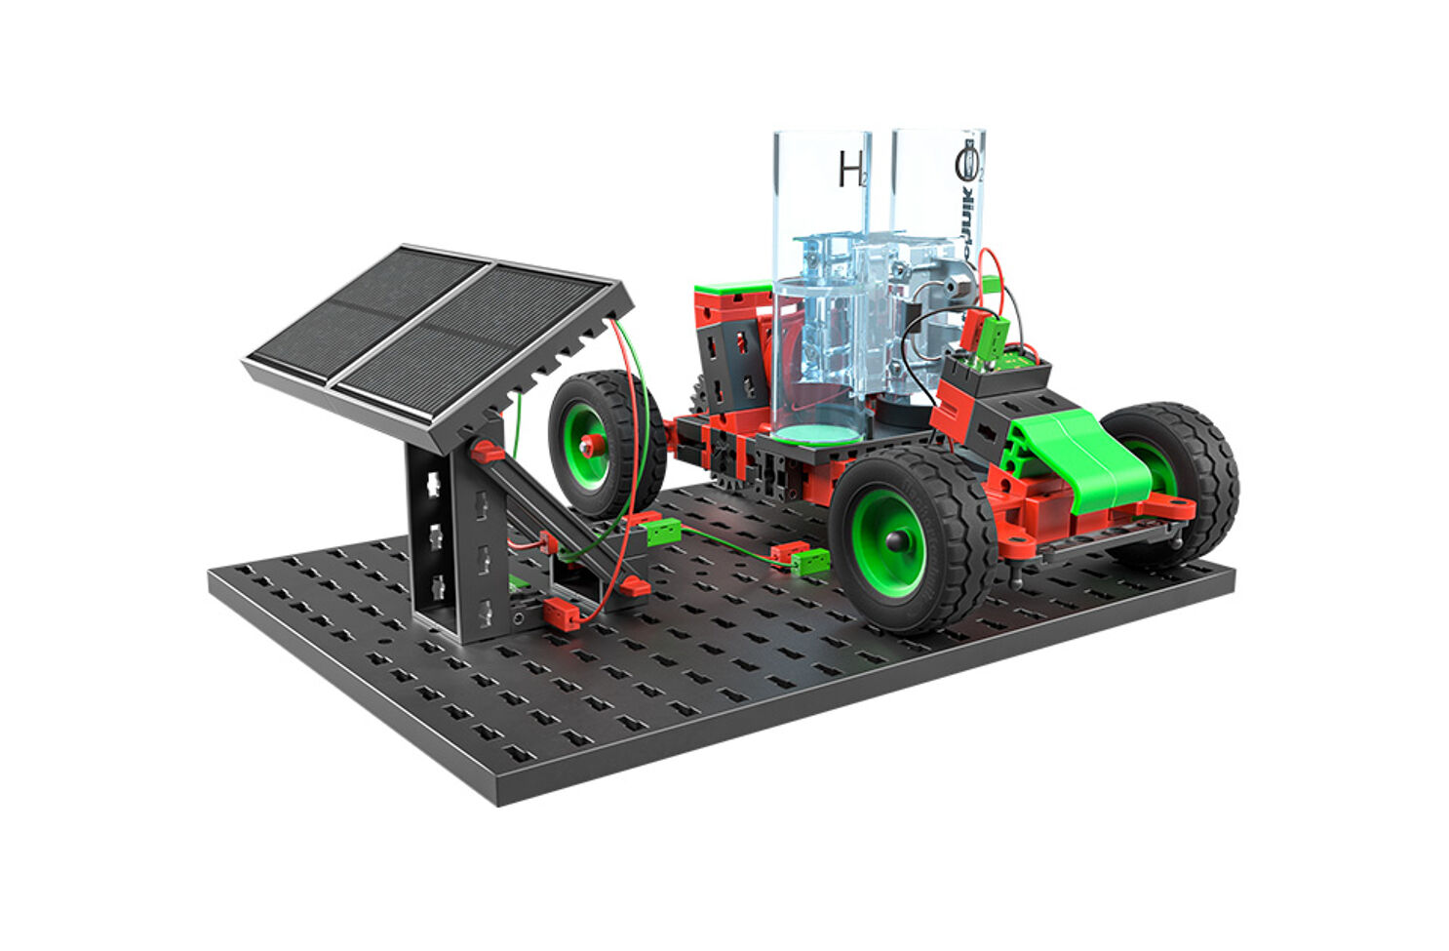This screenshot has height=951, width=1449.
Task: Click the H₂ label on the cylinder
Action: (x=851, y=171)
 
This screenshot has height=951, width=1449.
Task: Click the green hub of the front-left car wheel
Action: (x=884, y=542)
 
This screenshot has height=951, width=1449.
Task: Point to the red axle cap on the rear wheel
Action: (x=588, y=446)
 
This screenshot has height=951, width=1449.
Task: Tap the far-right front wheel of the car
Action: (x=1175, y=478)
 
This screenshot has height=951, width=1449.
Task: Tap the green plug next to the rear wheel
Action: (x=663, y=531)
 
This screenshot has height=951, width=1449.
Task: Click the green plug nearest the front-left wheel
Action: (x=810, y=561)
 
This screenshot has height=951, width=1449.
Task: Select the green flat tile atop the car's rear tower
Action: (x=732, y=289)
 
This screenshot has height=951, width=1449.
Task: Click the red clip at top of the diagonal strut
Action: (x=487, y=452)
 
